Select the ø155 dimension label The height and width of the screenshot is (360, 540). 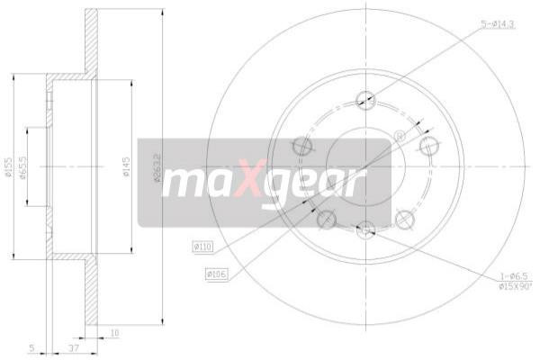coord(9,166)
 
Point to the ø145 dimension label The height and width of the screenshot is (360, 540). coord(128,166)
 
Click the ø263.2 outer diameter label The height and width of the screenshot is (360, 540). coord(157,166)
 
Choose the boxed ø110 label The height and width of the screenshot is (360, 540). coord(202,245)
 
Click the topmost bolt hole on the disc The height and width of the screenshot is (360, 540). coord(365,100)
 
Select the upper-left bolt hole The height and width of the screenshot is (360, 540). coord(303,145)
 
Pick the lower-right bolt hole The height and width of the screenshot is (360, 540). coord(404,218)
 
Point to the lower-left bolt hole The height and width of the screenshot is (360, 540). coord(327,218)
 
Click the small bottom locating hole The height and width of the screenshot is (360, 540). coord(365,231)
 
